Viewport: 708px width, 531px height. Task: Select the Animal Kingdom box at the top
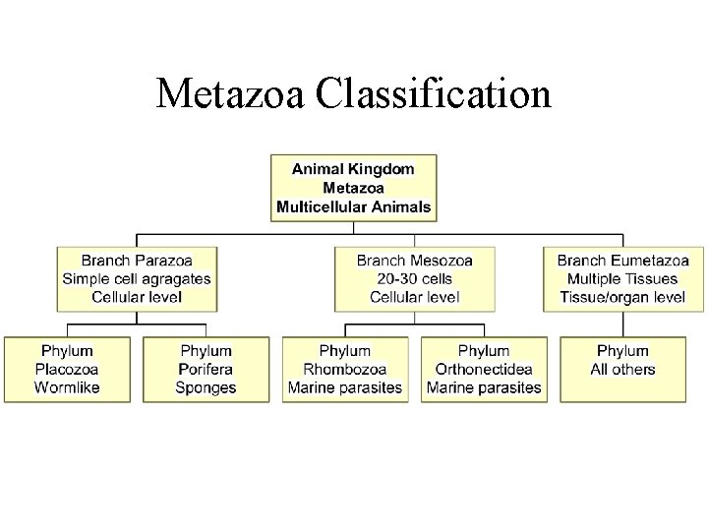(353, 188)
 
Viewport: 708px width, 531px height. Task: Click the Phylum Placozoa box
(67, 369)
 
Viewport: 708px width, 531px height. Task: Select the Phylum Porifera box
(206, 369)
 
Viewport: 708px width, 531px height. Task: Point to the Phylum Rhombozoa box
(345, 369)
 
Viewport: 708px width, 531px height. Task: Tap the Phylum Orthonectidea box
(484, 369)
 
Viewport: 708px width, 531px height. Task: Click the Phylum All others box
(622, 369)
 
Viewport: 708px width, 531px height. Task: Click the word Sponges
(206, 387)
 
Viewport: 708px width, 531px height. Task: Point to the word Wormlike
(67, 387)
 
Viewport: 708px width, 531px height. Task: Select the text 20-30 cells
(414, 278)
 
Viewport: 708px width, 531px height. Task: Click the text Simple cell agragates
(137, 278)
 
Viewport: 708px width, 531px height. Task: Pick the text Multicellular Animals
(353, 206)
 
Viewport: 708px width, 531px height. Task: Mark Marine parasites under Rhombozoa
(345, 387)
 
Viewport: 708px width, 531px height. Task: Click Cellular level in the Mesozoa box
(414, 296)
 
